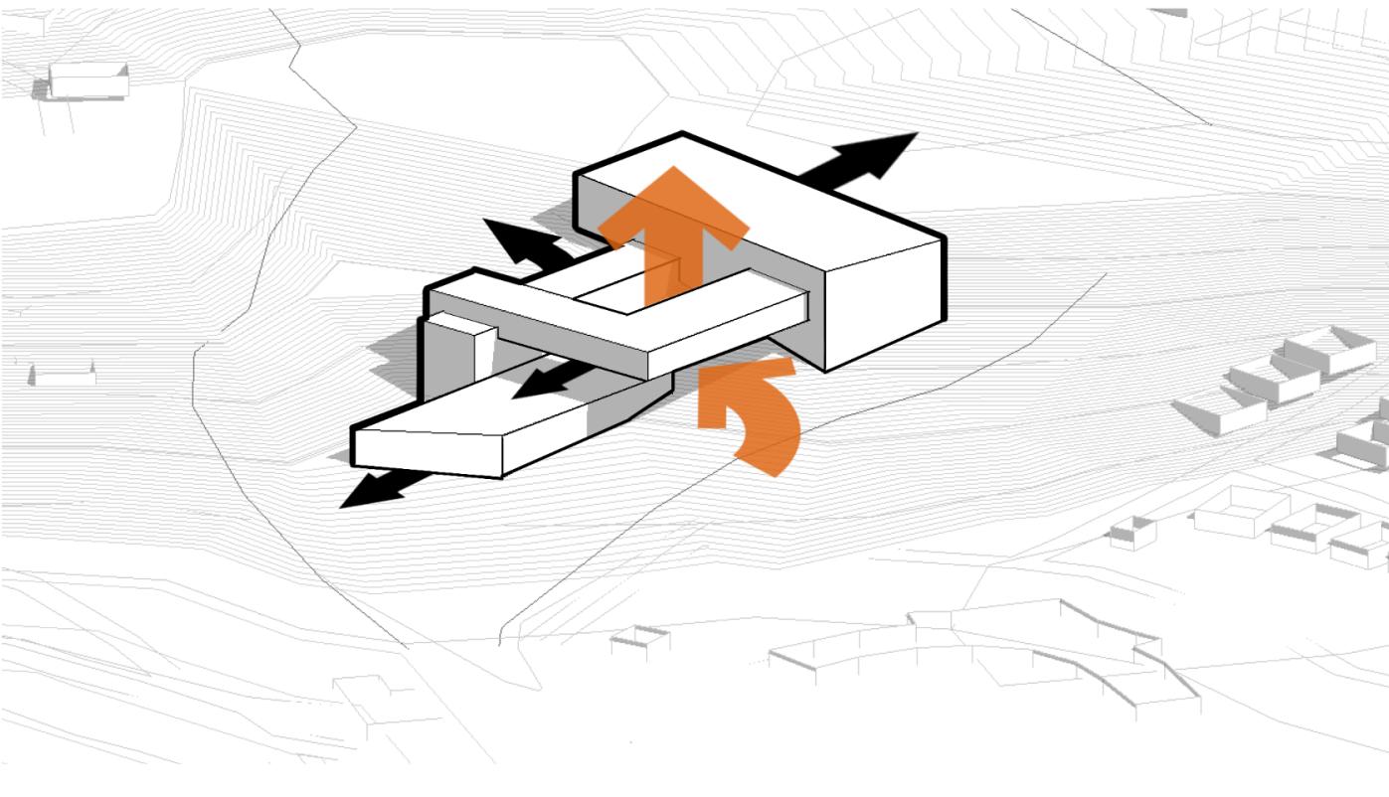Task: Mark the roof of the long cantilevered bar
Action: [x=636, y=328]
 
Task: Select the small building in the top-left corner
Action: [x=87, y=82]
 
